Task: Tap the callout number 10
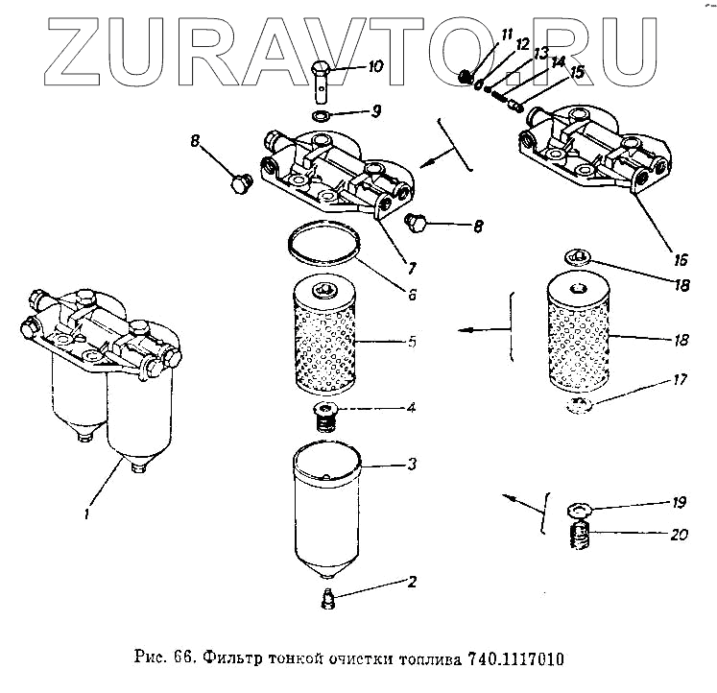[372, 67]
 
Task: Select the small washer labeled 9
[325, 116]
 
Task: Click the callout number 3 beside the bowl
[411, 465]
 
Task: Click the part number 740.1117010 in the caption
[517, 659]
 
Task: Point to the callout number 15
[577, 71]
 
